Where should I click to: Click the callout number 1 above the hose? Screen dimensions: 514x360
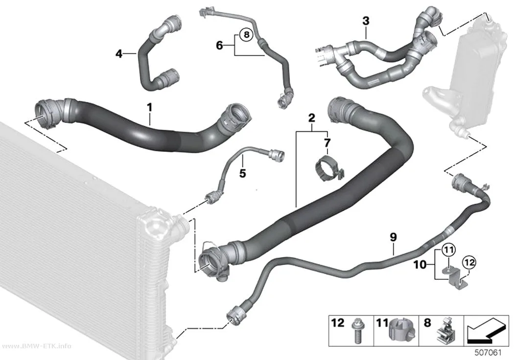coord(149,107)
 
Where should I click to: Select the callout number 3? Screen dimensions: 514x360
coord(366,21)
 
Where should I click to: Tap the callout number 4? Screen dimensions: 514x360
coord(119,53)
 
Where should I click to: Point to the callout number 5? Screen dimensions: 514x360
coord(243,173)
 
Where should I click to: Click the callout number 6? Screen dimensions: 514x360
coord(219,45)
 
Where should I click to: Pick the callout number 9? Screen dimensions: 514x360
coord(394,237)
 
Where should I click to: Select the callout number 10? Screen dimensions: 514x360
coord(420,264)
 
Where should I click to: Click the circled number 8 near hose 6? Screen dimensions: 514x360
coord(247,34)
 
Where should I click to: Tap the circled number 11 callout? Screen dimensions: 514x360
coord(449,250)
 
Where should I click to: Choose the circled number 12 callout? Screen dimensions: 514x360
coord(469,263)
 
